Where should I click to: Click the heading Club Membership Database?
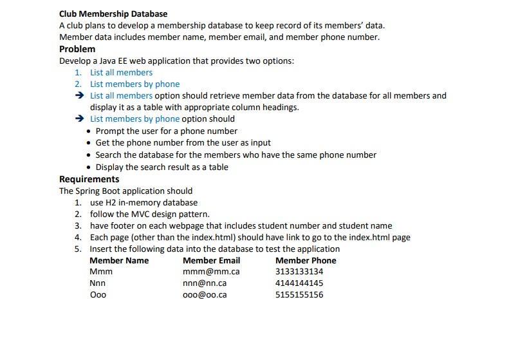click(x=113, y=14)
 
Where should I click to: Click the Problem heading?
click(x=77, y=49)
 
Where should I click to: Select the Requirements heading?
click(x=89, y=179)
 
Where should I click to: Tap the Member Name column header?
click(x=119, y=260)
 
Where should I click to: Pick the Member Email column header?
click(x=211, y=260)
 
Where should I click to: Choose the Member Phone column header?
click(x=306, y=260)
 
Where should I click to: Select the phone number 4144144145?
click(x=299, y=283)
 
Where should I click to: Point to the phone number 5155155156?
click(x=299, y=295)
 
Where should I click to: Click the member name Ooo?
click(x=98, y=295)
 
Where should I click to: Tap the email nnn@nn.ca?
click(x=205, y=283)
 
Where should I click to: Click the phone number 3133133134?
click(x=299, y=272)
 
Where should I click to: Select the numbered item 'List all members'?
click(x=121, y=73)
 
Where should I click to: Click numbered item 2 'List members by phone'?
click(x=134, y=84)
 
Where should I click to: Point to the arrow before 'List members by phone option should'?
click(x=79, y=119)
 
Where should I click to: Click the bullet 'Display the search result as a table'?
click(x=162, y=167)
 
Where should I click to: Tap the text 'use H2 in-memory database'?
click(x=143, y=202)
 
